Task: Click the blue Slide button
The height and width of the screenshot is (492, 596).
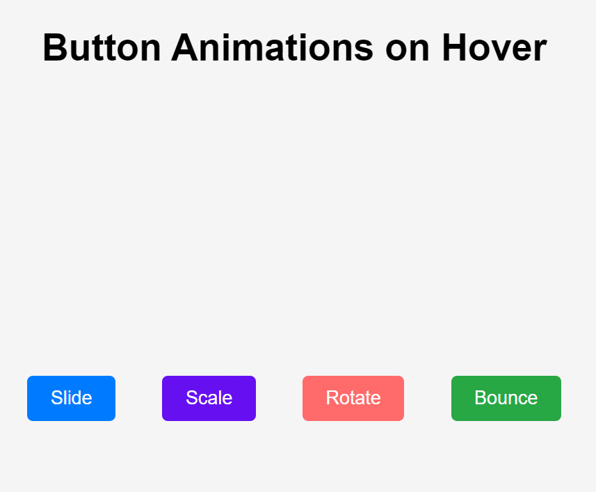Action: pyautogui.click(x=71, y=398)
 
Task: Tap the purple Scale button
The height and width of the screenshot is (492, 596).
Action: pyautogui.click(x=209, y=398)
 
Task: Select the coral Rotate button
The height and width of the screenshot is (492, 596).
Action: pyautogui.click(x=353, y=398)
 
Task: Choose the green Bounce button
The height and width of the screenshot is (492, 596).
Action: pyautogui.click(x=506, y=398)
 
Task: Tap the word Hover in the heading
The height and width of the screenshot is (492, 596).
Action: pyautogui.click(x=494, y=49)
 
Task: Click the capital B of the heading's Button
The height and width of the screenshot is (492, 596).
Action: pyautogui.click(x=56, y=49)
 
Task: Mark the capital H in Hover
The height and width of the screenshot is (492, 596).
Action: pyautogui.click(x=455, y=49)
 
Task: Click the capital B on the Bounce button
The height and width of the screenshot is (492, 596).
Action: pyautogui.click(x=481, y=398)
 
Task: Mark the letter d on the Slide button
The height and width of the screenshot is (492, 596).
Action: pyautogui.click(x=76, y=398)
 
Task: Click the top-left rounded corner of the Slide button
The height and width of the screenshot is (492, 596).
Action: pyautogui.click(x=30, y=379)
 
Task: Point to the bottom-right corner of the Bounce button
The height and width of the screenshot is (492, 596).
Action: pyautogui.click(x=558, y=418)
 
